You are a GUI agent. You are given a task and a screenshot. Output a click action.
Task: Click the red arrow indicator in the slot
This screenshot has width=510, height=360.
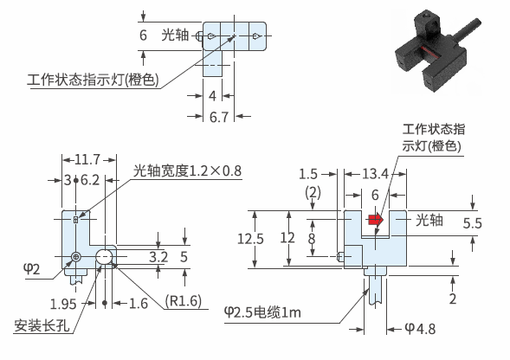(376, 220)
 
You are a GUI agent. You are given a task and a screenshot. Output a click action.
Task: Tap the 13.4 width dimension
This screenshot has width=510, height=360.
(375, 174)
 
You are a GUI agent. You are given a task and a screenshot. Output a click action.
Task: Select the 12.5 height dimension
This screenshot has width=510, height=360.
(250, 239)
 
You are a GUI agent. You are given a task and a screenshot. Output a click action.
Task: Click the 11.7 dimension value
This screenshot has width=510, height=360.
(87, 160)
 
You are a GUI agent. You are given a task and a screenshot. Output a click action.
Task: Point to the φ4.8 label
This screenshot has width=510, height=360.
(420, 329)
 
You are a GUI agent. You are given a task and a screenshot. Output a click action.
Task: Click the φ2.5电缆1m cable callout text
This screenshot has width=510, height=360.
(262, 312)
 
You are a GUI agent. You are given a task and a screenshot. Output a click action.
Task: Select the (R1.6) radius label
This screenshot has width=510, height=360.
(183, 301)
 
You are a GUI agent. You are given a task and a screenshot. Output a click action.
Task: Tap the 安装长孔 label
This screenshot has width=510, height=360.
(42, 325)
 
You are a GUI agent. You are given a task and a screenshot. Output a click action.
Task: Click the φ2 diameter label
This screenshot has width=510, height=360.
(31, 269)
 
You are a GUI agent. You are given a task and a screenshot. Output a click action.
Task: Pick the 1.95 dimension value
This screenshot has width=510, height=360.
(63, 304)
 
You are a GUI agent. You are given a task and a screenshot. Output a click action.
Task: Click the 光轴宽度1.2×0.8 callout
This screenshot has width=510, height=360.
(187, 170)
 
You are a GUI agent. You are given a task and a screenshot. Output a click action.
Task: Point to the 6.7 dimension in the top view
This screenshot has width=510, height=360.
(219, 117)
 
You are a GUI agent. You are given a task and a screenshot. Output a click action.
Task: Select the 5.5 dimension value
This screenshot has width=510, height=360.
(472, 223)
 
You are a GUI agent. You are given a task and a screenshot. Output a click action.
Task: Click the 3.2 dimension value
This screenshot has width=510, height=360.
(158, 257)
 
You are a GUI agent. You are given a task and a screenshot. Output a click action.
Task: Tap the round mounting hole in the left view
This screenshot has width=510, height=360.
(104, 257)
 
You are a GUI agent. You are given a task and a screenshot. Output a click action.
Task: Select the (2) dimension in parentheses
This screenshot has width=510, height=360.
(313, 193)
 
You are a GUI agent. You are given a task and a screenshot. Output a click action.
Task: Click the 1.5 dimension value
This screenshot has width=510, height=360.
(308, 174)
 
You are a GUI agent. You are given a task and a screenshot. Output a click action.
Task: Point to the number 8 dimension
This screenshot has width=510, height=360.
(312, 238)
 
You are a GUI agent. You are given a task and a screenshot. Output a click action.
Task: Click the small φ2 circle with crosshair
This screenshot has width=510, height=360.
(76, 257)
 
